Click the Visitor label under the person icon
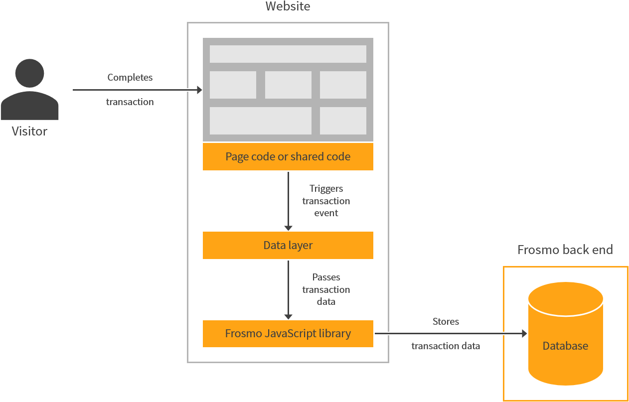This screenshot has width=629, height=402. pyautogui.click(x=29, y=132)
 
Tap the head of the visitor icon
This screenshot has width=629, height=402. pyautogui.click(x=29, y=73)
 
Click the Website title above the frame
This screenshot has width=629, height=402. pyautogui.click(x=288, y=6)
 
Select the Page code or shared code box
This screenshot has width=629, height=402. pyautogui.click(x=288, y=156)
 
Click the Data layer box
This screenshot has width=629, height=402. pyautogui.click(x=288, y=245)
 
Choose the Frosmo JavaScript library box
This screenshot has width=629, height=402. pyautogui.click(x=288, y=334)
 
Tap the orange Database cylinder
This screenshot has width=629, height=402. pyautogui.click(x=565, y=334)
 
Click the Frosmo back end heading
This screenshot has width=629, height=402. pyautogui.click(x=565, y=250)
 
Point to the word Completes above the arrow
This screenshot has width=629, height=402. pyautogui.click(x=130, y=77)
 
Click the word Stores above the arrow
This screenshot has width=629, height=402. pyautogui.click(x=446, y=321)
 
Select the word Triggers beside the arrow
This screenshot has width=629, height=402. pyautogui.click(x=326, y=188)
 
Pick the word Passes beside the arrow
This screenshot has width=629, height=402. pyautogui.click(x=326, y=277)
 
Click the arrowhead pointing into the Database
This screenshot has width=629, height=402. pyautogui.click(x=524, y=334)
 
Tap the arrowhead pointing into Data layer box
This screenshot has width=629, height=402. pyautogui.click(x=288, y=228)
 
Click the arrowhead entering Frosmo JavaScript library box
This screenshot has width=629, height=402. pyautogui.click(x=288, y=316)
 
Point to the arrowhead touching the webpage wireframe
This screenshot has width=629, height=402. pyautogui.click(x=199, y=90)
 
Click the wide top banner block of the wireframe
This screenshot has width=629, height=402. pyautogui.click(x=288, y=54)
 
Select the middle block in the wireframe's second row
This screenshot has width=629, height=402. pyautogui.click(x=288, y=85)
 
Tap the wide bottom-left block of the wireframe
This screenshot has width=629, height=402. pyautogui.click(x=260, y=121)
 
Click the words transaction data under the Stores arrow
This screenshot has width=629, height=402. pyautogui.click(x=446, y=346)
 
